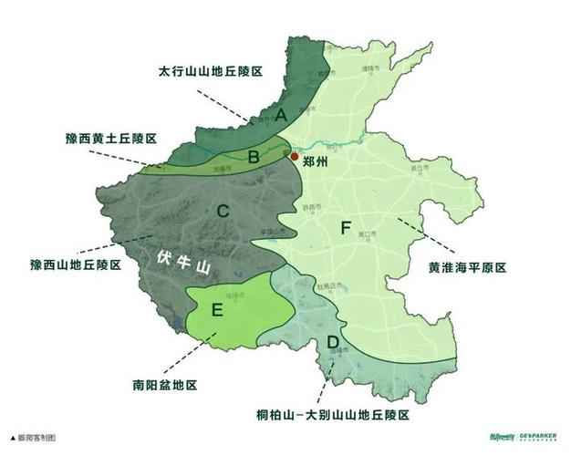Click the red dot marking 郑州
(x=294, y=157)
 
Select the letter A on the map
(x=281, y=115)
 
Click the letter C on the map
(x=223, y=212)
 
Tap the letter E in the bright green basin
(x=217, y=310)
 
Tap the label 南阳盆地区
(x=164, y=386)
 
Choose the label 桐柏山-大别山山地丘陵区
(x=333, y=415)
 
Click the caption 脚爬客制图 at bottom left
(x=35, y=439)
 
